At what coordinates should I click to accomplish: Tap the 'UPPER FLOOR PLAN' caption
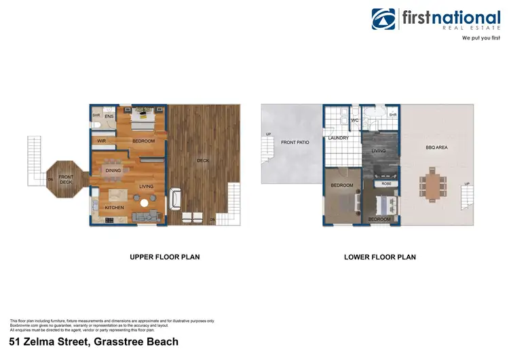(x=164, y=257)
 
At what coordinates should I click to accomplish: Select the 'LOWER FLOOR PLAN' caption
(x=380, y=257)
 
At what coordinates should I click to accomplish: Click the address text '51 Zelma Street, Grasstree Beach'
(x=94, y=342)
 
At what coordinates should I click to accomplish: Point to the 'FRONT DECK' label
(x=65, y=179)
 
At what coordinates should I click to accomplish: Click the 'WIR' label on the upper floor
(x=101, y=141)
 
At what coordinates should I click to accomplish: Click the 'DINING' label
(x=113, y=170)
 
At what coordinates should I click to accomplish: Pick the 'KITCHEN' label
(x=113, y=207)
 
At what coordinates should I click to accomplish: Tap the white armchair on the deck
(x=176, y=198)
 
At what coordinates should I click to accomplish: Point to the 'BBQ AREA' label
(x=436, y=147)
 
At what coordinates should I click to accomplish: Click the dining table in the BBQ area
(x=431, y=184)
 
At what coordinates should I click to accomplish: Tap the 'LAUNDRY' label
(x=338, y=138)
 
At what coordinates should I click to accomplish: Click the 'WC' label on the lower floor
(x=354, y=121)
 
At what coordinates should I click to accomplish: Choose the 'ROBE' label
(x=386, y=183)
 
